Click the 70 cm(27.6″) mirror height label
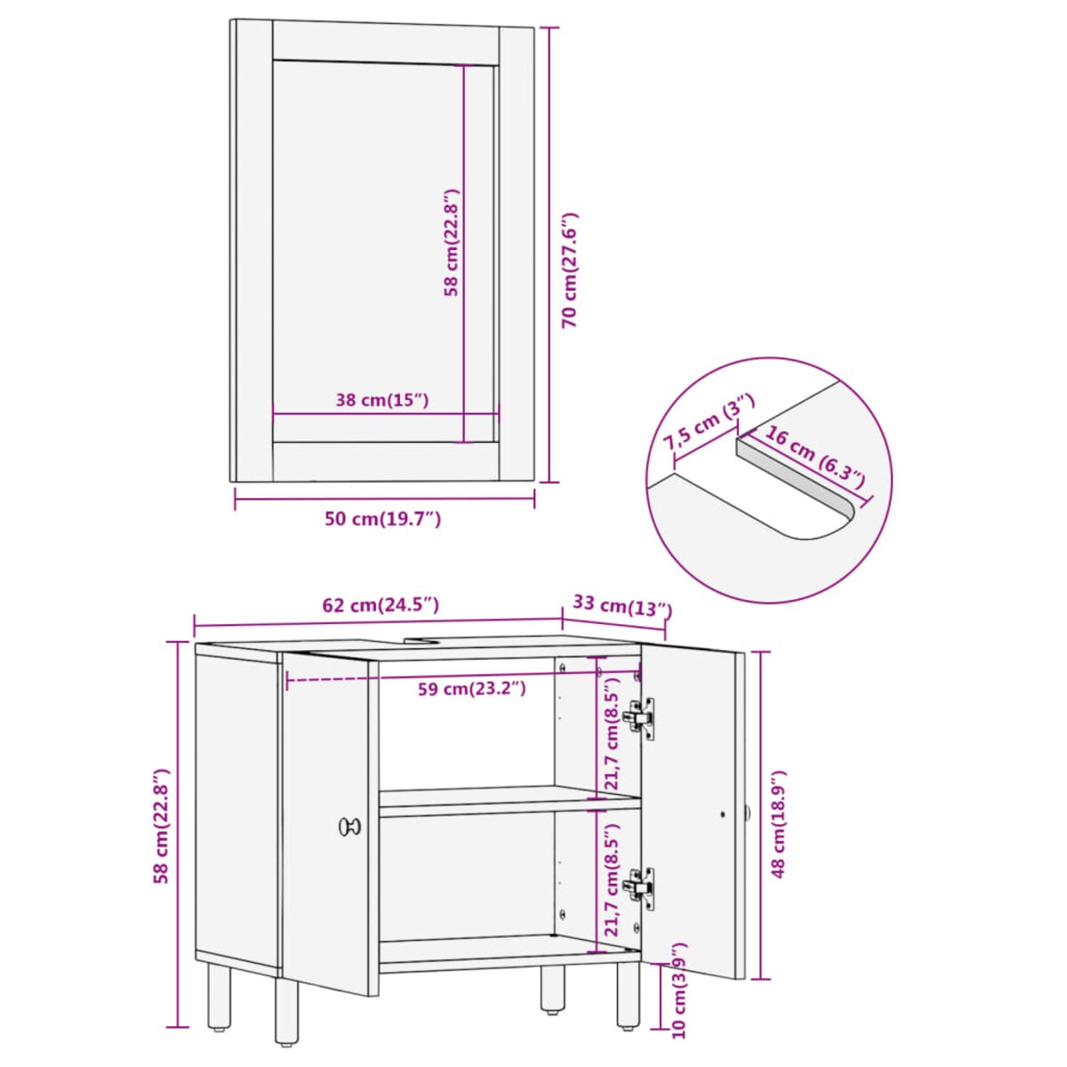570,269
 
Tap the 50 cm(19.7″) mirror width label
382,519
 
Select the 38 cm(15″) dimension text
382,400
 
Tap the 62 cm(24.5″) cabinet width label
381,605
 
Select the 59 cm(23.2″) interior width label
471,689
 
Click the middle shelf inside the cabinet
509,801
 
